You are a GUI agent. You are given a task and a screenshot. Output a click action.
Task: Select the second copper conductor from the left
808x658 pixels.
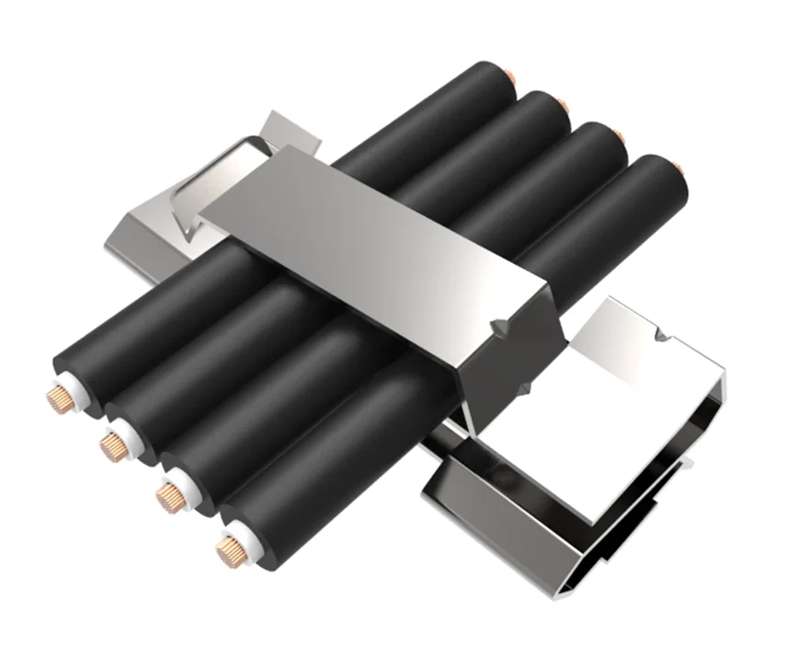[112, 448]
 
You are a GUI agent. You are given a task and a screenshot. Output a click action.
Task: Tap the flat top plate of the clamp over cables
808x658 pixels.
[368, 230]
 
